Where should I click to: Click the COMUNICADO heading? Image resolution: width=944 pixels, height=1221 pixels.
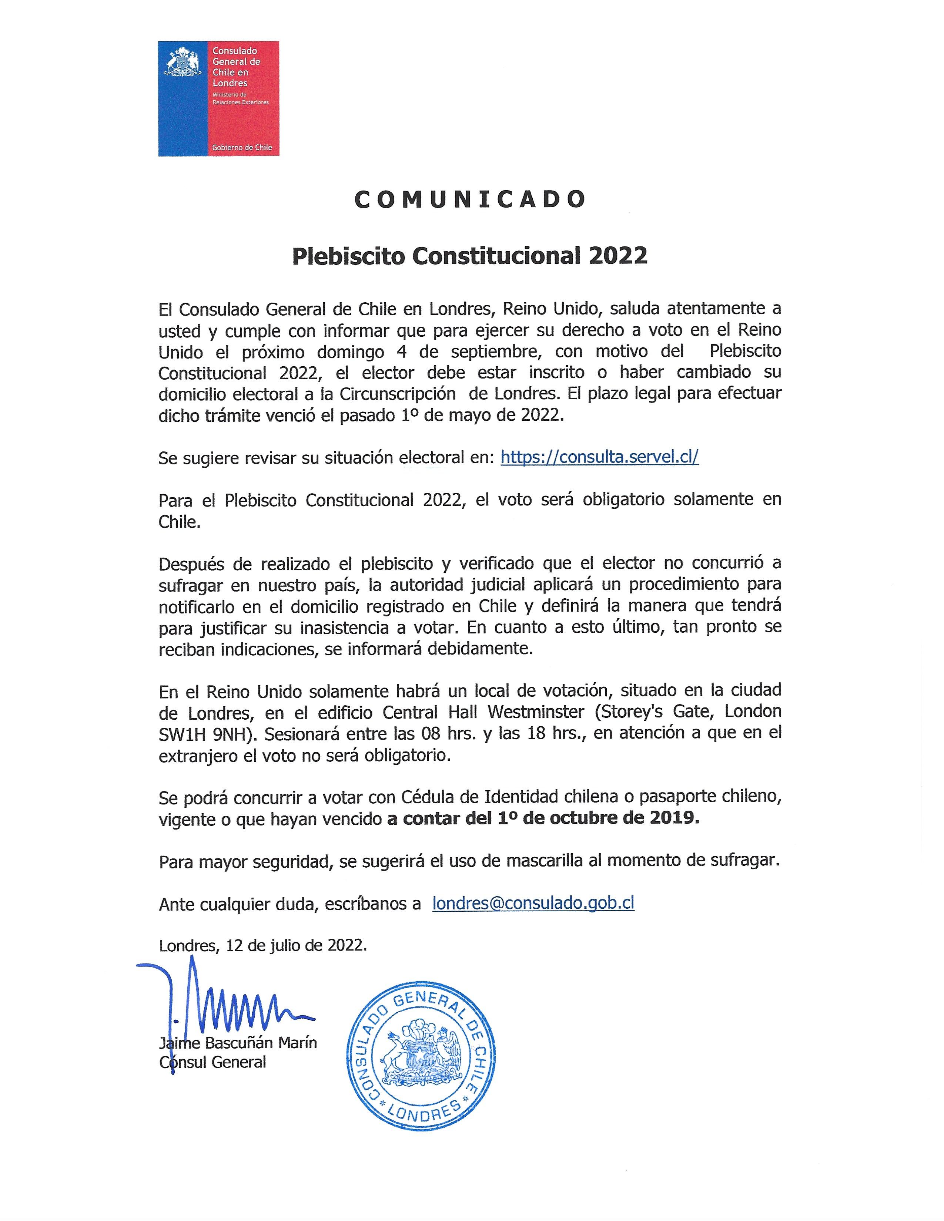click(x=470, y=199)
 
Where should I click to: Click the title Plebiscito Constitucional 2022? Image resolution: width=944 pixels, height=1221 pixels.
click(x=470, y=256)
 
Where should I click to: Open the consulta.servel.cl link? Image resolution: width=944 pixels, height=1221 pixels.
click(x=599, y=457)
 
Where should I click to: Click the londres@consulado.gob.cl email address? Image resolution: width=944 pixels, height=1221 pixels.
click(x=533, y=904)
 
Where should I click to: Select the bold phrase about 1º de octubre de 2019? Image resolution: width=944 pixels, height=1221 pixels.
click(x=542, y=819)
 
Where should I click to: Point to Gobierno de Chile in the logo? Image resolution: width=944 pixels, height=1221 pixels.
click(x=242, y=148)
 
